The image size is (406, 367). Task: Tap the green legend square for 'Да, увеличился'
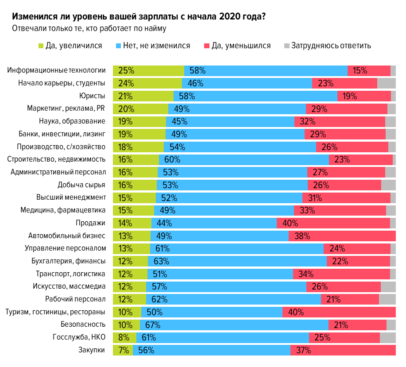[41, 46]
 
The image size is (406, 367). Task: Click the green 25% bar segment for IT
[148, 70]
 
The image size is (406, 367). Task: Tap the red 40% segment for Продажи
[333, 223]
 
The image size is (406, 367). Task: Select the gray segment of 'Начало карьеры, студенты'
[386, 83]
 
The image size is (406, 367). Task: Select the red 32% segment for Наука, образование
[340, 121]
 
